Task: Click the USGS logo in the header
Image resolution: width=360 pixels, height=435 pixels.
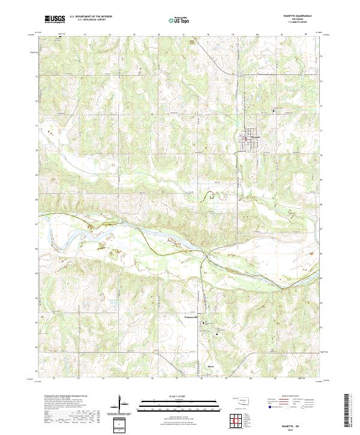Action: pyautogui.click(x=53, y=19)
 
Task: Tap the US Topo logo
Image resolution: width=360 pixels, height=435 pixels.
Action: pyautogui.click(x=181, y=20)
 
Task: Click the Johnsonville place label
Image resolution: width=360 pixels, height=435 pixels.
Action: pyautogui.click(x=206, y=317)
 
